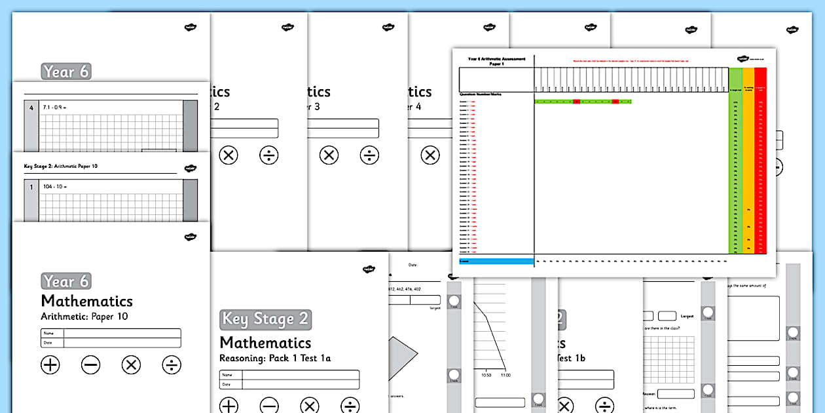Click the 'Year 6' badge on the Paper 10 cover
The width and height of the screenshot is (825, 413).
coord(66,281)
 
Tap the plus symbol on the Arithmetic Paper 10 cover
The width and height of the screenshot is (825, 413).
coord(50,365)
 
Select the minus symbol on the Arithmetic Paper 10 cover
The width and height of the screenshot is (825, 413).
coord(90,365)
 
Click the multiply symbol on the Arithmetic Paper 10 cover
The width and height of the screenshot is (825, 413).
coord(131,365)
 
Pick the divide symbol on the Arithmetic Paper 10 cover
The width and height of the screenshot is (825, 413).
coord(172,365)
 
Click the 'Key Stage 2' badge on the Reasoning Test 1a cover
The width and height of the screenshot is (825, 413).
coord(265,319)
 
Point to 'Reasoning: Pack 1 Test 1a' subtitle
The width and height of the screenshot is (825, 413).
coord(275,358)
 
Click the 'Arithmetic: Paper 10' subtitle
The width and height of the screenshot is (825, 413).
coord(84,317)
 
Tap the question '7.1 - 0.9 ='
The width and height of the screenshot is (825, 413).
coord(58,106)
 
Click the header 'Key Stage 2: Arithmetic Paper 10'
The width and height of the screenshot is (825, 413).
coord(56,167)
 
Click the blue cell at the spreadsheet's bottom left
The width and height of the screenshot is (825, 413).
coord(496,261)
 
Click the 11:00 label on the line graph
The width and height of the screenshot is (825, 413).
coord(505,376)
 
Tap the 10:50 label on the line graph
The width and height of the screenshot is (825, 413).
coord(486,376)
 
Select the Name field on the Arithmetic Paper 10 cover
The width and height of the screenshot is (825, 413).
coord(122,334)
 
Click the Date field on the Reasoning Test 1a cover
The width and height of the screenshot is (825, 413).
coord(300,384)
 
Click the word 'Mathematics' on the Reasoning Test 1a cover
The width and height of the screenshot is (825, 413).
coord(265,342)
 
